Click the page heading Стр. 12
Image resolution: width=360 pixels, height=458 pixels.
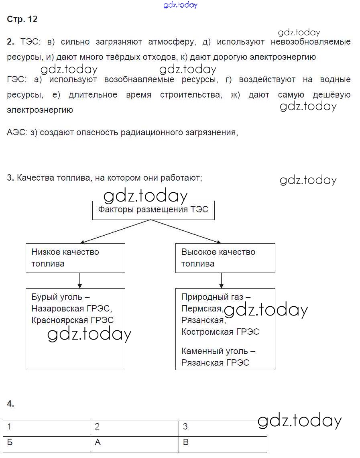click(x=22, y=19)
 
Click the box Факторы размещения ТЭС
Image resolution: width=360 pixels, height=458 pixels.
click(x=153, y=210)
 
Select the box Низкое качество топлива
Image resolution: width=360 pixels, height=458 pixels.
click(x=75, y=258)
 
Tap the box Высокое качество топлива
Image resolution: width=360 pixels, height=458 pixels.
click(x=225, y=258)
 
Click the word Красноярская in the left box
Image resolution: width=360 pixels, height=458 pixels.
click(x=59, y=320)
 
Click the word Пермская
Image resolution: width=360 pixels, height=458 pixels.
click(x=201, y=309)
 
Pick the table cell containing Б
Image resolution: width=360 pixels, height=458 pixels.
click(x=47, y=443)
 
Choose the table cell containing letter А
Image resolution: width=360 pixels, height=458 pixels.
click(x=135, y=443)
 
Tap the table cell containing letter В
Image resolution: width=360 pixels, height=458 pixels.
click(x=223, y=443)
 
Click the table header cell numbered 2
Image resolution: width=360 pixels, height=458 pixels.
click(x=135, y=427)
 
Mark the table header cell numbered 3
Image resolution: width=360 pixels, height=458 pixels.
click(x=223, y=427)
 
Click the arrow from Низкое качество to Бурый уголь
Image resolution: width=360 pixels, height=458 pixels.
click(x=80, y=281)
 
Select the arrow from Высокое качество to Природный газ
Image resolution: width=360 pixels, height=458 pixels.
click(x=221, y=281)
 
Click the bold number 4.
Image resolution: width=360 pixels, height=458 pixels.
click(x=10, y=404)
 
